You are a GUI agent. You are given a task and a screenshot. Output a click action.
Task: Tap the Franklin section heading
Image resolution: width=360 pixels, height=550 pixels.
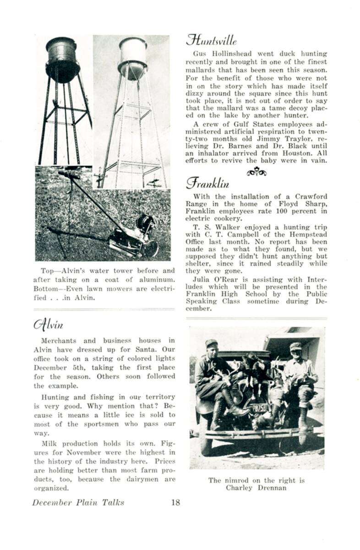click(x=207, y=184)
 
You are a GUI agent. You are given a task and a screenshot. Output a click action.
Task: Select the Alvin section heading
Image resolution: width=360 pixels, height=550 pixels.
click(x=48, y=324)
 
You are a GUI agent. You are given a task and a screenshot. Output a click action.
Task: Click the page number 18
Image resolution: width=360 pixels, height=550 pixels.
click(x=175, y=502)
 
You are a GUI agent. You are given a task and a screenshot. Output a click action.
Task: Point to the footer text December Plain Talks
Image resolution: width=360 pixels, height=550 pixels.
click(x=78, y=502)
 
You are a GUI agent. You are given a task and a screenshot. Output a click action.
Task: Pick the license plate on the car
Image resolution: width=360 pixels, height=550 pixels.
click(x=258, y=407)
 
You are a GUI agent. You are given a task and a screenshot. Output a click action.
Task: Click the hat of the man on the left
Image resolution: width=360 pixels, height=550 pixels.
click(x=211, y=343)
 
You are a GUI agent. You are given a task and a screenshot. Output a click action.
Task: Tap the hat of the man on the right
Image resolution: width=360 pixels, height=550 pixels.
click(x=295, y=346)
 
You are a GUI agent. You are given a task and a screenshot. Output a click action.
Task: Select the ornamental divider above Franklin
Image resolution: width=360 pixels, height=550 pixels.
click(x=256, y=171)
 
